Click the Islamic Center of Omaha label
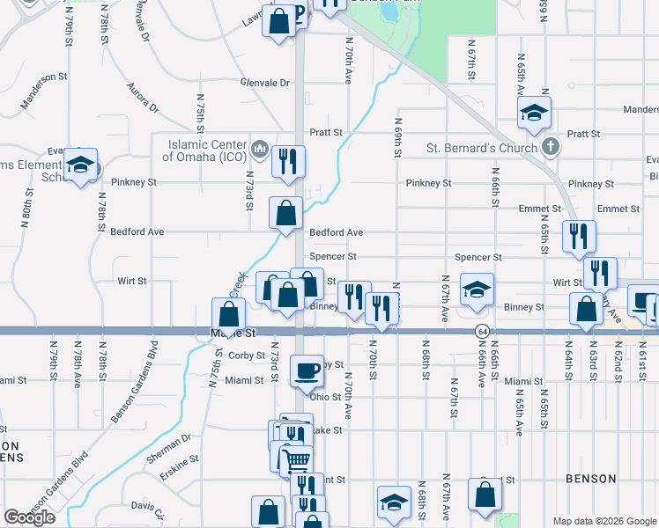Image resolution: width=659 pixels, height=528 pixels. point(203,150)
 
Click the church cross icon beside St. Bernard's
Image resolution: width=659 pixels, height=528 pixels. point(550,146)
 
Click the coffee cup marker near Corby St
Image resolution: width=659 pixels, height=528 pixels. point(307,370)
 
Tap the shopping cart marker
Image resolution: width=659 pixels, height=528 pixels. point(298,459)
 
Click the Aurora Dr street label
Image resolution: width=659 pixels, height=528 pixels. point(142,98)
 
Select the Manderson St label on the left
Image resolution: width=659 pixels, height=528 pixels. point(39,77)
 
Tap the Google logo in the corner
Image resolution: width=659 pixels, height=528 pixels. point(29,517)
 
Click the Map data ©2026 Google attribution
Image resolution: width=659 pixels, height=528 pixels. point(604,521)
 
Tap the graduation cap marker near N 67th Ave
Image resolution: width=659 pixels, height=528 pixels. point(477,290)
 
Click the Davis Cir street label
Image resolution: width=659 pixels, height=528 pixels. point(147,507)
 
